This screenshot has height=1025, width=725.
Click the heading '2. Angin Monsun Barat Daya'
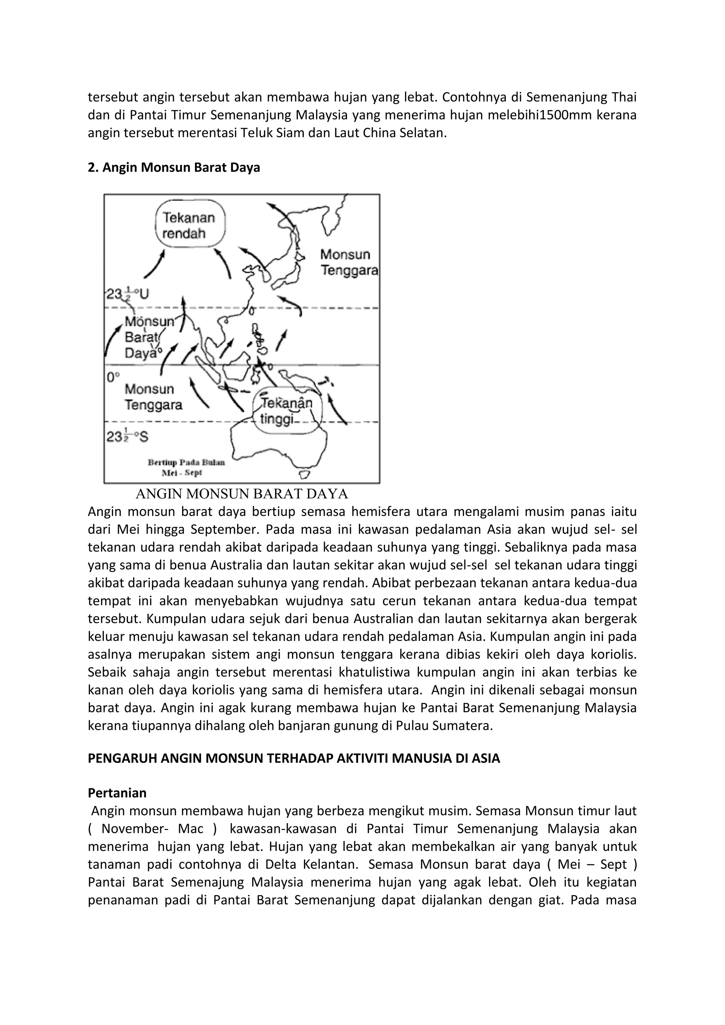point(174,167)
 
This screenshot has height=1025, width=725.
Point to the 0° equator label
point(113,377)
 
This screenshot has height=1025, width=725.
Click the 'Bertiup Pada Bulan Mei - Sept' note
point(186,467)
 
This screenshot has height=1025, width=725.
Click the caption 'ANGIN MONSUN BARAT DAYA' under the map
point(241,494)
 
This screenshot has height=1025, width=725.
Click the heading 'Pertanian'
point(117,793)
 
